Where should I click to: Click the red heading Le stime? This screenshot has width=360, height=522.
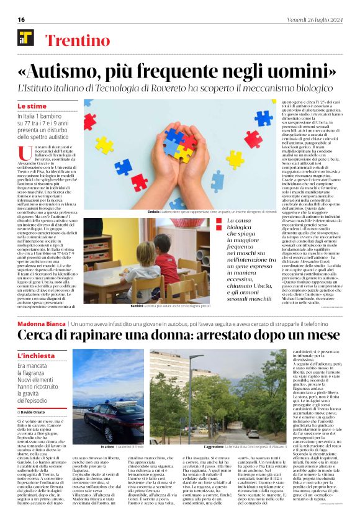[31, 107]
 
